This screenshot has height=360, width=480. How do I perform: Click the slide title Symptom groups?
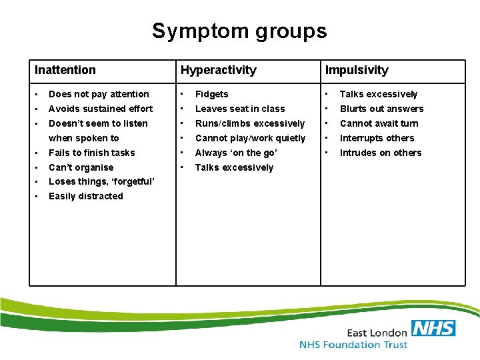tap(239, 31)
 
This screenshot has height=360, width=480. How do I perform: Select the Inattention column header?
tap(65, 70)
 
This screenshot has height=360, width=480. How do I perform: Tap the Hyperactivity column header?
tap(218, 70)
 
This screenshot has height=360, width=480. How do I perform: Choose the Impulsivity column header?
tap(357, 70)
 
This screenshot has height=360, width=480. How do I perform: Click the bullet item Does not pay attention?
tap(99, 94)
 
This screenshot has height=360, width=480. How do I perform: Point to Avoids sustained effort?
tap(101, 109)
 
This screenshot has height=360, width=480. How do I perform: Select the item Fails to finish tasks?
tap(91, 153)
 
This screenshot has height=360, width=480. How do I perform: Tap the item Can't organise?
tap(81, 167)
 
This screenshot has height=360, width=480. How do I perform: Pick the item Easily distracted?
tap(85, 196)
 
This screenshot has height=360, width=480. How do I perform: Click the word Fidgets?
tap(211, 94)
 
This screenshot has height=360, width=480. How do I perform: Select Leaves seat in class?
tap(239, 109)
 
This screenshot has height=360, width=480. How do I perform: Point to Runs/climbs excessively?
tap(249, 123)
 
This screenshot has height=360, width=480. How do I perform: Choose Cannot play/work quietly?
tap(250, 138)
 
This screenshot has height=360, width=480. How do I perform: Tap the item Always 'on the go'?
tap(236, 153)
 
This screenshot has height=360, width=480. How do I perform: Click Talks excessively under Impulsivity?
tap(378, 94)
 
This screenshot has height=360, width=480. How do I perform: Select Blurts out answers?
tap(381, 109)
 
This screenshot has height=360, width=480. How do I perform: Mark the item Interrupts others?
tap(377, 138)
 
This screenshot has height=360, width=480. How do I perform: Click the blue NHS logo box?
tap(433, 328)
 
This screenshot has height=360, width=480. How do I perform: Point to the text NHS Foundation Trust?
tap(353, 345)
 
